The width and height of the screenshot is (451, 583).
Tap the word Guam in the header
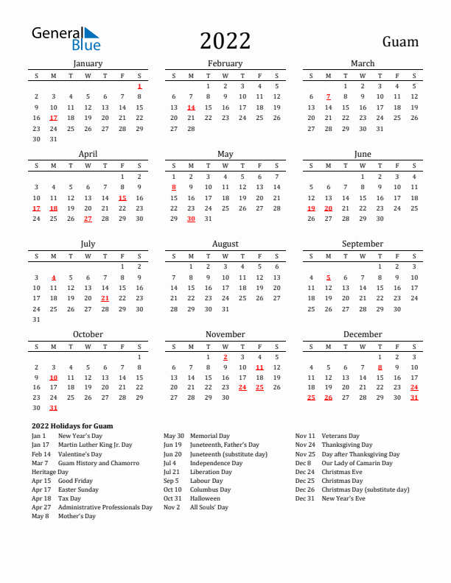400,42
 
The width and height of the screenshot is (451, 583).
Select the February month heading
225,63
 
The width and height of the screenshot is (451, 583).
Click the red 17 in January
53,118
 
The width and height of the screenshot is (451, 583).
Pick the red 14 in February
191,107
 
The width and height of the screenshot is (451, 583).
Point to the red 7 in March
329,96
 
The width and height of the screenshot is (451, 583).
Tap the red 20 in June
329,208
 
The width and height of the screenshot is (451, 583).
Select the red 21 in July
105,298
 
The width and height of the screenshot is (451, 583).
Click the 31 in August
225,309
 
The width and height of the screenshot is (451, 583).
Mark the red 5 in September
329,278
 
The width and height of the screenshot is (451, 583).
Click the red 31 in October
53,408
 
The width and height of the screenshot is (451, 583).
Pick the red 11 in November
259,367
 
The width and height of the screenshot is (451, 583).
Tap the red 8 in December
380,367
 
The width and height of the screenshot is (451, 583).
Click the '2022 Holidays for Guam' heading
72,426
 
